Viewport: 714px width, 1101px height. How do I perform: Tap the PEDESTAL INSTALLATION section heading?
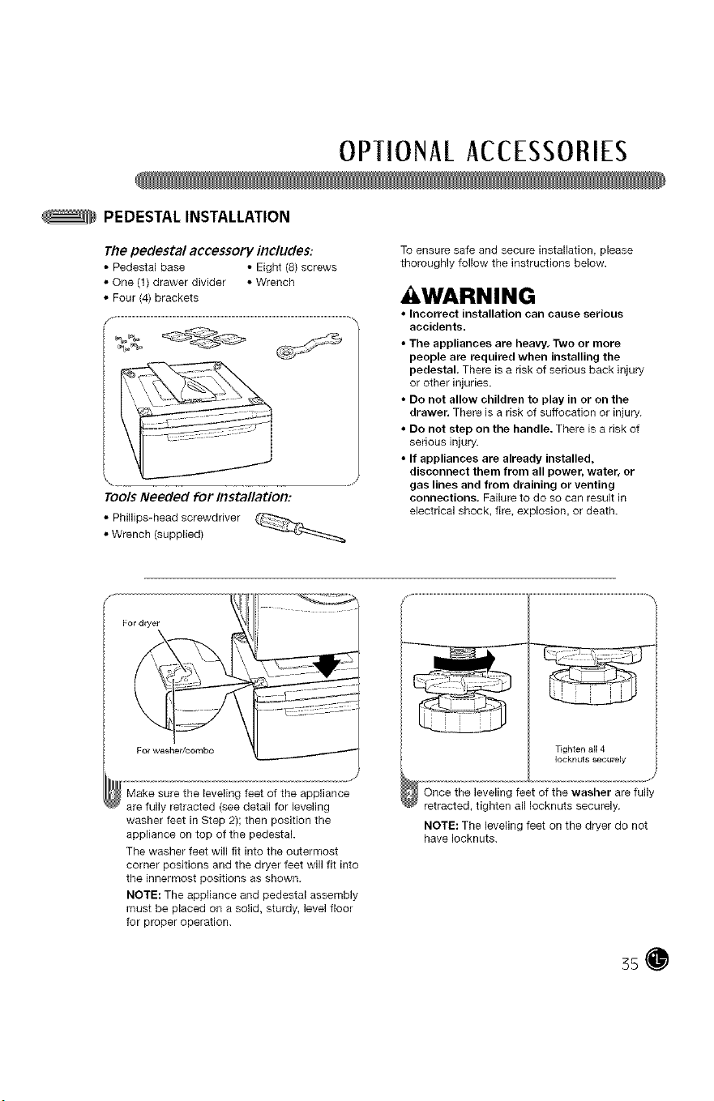point(197,217)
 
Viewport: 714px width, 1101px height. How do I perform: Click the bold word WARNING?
point(474,296)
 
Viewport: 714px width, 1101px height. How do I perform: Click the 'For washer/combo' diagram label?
point(175,750)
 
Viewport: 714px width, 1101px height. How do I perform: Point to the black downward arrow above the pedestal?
point(327,664)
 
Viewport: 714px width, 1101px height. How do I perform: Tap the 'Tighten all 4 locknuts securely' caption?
point(590,754)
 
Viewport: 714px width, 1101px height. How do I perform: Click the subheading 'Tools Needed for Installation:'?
point(199,497)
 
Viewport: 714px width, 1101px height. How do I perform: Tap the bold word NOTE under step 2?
point(441,826)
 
